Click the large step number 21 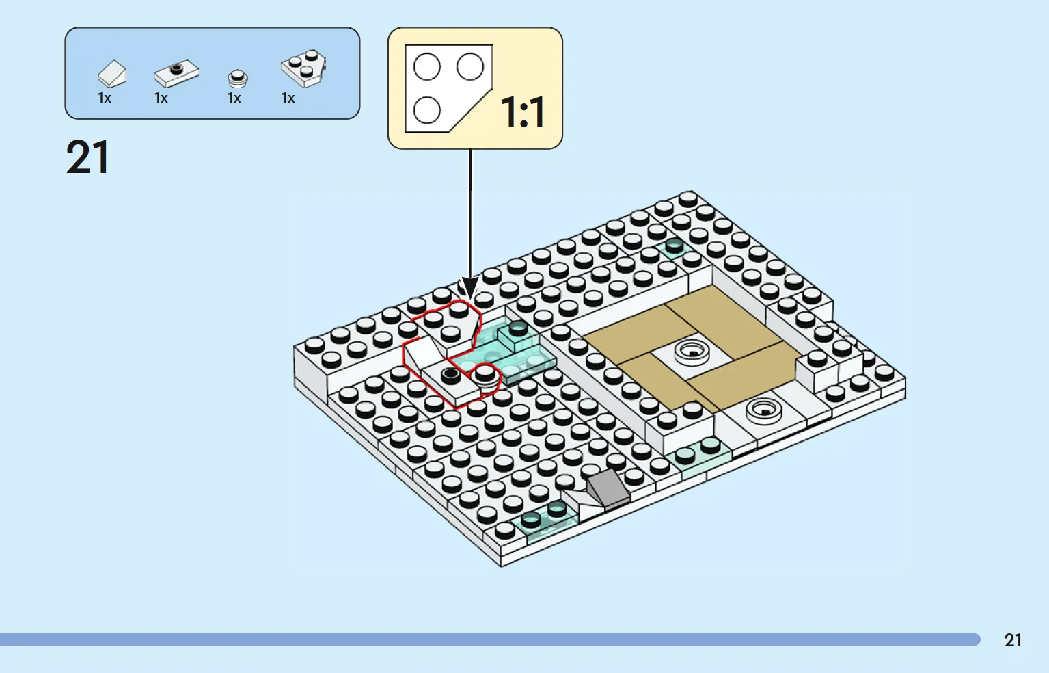87,157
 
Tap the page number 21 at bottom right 1013,640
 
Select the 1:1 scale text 523,111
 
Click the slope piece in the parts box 112,74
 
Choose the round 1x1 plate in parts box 238,78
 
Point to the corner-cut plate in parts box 303,68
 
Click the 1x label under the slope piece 105,98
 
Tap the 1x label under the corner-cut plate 288,98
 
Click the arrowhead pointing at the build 470,287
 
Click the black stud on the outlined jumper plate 450,374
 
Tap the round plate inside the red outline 486,378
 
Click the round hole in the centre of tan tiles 692,352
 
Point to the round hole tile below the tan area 763,410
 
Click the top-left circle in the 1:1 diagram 427,66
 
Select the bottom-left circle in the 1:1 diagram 427,109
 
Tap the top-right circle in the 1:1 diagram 470,66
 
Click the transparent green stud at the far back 675,245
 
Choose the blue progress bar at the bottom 490,639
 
